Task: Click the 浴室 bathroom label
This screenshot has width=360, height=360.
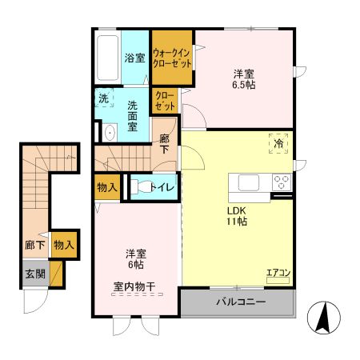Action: click(x=134, y=58)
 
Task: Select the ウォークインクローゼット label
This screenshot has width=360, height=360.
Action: click(x=173, y=58)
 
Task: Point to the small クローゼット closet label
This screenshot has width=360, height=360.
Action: click(x=165, y=102)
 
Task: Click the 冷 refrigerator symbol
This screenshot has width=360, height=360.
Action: click(x=279, y=145)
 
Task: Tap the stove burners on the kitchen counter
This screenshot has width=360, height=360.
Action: click(x=282, y=181)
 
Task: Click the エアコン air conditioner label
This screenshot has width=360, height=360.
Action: click(x=278, y=273)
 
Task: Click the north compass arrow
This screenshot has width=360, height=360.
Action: click(x=325, y=318)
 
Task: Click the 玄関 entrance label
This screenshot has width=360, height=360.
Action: click(x=34, y=272)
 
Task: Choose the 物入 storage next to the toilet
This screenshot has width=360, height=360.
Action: click(x=108, y=187)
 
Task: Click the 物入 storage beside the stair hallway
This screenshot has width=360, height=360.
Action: click(x=63, y=246)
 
